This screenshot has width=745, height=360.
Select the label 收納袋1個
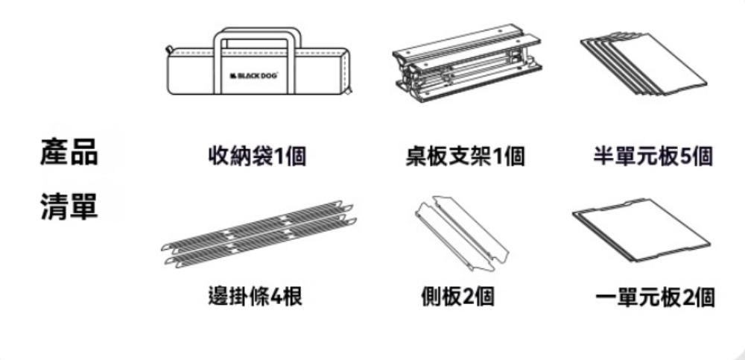point(257,157)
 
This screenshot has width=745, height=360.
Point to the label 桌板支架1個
point(465,157)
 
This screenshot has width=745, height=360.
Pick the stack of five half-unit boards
point(644,63)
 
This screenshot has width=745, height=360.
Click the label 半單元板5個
point(653,157)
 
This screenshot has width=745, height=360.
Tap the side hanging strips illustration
point(259,234)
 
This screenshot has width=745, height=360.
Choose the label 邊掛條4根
point(255,297)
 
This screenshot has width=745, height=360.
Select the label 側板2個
point(457,297)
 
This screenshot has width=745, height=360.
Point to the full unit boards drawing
point(641,230)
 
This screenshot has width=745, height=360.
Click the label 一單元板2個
point(654,297)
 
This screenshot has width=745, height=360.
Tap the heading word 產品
point(69,151)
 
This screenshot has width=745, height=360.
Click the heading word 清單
point(69,206)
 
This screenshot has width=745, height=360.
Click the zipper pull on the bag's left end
point(168,49)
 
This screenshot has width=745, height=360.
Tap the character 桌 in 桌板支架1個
point(416,157)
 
